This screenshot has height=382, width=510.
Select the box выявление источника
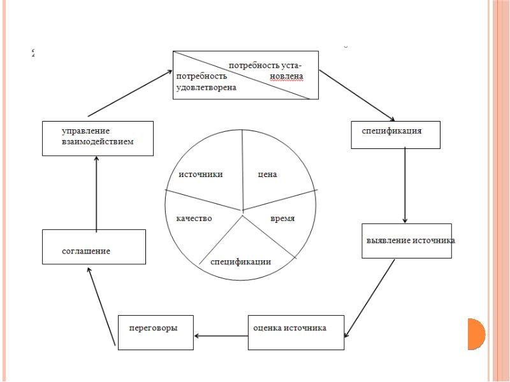407,241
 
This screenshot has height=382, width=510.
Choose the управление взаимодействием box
98,138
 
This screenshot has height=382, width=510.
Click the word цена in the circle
267,175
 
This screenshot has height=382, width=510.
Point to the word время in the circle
282,218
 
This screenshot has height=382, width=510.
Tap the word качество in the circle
194,218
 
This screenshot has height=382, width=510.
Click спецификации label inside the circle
241,262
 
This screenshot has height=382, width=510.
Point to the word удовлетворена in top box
206,87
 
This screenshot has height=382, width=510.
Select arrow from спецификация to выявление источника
405,185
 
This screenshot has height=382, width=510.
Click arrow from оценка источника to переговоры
221,336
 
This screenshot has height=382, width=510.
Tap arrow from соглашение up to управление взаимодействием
96,194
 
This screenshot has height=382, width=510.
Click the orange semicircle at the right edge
477,334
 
